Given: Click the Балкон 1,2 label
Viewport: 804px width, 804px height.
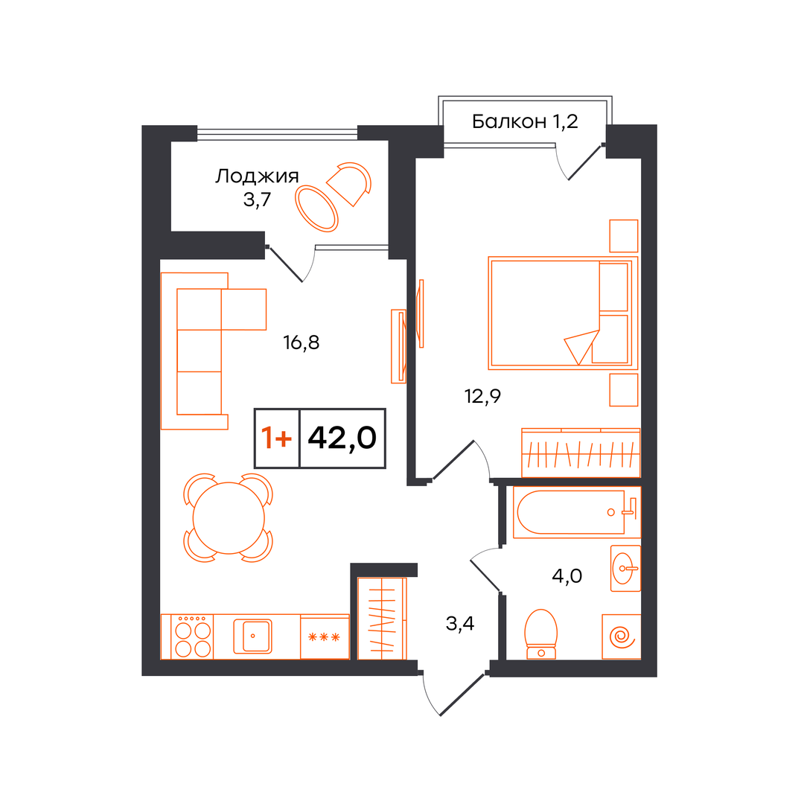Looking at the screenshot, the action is click(525, 121).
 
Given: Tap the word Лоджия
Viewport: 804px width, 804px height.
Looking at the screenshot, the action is click(256, 176).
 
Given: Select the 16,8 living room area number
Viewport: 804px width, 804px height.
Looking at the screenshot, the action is click(301, 342).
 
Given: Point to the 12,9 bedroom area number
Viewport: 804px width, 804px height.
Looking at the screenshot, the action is click(482, 396).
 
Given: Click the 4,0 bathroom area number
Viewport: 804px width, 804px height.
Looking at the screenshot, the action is click(567, 575).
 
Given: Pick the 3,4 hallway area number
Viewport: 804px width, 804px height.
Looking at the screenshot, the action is click(460, 624).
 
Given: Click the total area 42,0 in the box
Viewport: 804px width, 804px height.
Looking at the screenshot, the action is click(342, 438).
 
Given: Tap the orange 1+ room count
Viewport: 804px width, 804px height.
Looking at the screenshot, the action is click(276, 438).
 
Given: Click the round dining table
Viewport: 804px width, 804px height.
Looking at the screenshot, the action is click(229, 518).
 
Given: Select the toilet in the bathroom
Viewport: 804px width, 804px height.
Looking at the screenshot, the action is click(541, 634).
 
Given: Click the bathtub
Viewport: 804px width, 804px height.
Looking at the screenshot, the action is click(577, 512).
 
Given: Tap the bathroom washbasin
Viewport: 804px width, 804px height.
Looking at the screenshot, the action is click(625, 568).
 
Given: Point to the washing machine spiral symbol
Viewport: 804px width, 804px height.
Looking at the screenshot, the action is click(622, 636).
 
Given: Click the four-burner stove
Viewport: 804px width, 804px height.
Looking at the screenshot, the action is click(192, 636).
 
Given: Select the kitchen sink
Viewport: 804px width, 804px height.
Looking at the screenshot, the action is click(253, 636).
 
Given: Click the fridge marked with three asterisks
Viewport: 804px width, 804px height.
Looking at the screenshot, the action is click(325, 636).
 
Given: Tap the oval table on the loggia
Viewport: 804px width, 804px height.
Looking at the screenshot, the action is click(316, 208).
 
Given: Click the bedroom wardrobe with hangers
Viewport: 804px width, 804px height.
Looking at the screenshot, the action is click(581, 453).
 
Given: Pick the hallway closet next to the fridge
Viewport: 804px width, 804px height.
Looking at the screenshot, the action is click(382, 619).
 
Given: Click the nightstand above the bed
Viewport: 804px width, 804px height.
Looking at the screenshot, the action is click(624, 236).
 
